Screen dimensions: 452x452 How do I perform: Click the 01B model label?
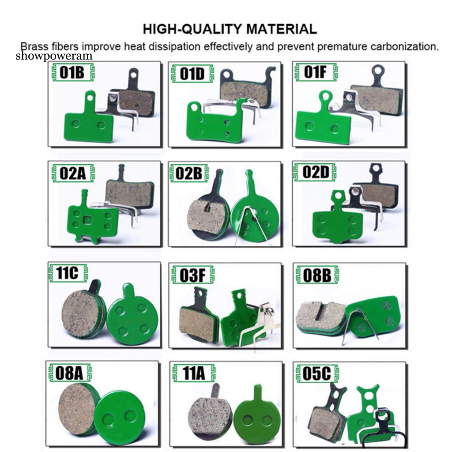72,73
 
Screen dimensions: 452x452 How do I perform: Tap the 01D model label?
192,74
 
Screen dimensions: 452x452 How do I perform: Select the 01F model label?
315,72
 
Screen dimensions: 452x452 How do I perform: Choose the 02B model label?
189,173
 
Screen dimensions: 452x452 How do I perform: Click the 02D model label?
316,172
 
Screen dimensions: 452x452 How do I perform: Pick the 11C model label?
68,272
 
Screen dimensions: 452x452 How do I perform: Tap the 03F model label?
193,275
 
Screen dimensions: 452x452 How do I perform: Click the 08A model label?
69,373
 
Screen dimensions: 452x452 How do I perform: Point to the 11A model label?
194,373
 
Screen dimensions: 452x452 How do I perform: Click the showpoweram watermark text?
54,56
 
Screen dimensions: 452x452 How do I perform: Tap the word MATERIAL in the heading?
283,29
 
